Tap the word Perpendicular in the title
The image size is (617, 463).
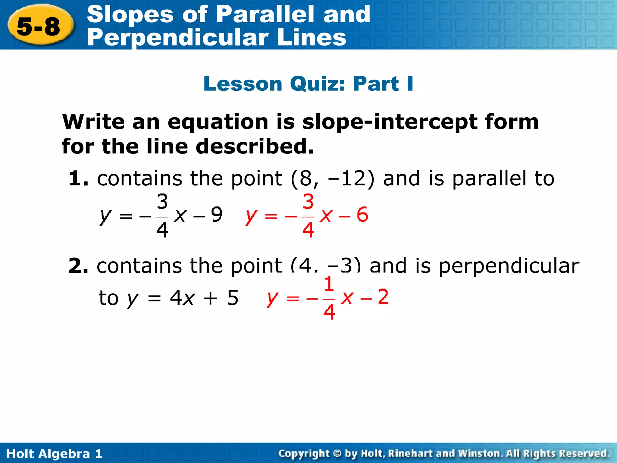coord(178,37)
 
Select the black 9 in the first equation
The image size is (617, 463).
coord(216,215)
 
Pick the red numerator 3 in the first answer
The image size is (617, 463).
coord(308,202)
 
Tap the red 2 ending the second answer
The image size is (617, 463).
coord(383,297)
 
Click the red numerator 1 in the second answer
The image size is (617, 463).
coord(329,284)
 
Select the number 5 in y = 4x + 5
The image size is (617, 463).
coord(233,298)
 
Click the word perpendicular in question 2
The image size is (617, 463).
coord(509,266)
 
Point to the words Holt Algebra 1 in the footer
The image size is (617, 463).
coord(54,454)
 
